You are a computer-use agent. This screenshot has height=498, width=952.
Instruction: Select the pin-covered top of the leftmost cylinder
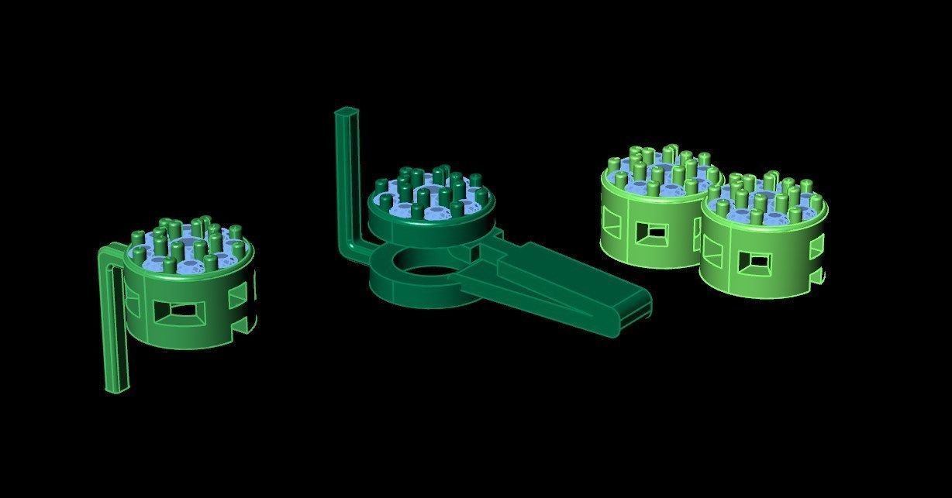click(186, 248)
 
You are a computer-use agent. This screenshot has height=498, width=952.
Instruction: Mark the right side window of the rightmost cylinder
click(815, 247)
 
